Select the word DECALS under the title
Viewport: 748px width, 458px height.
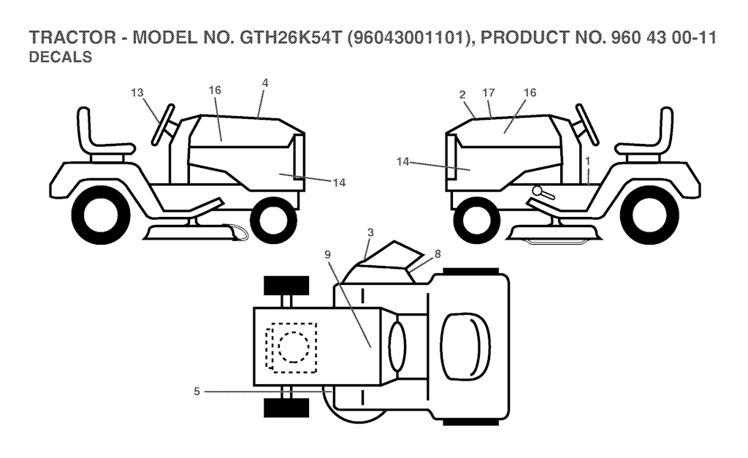pos(59,58)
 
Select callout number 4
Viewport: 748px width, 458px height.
pos(264,83)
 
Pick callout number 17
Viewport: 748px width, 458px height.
pos(489,93)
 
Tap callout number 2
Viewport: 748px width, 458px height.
pos(462,93)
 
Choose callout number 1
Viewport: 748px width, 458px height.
pos(587,159)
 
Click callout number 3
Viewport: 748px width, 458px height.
pos(370,232)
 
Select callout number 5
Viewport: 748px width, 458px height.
pos(196,392)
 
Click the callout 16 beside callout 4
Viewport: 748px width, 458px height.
pos(214,90)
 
